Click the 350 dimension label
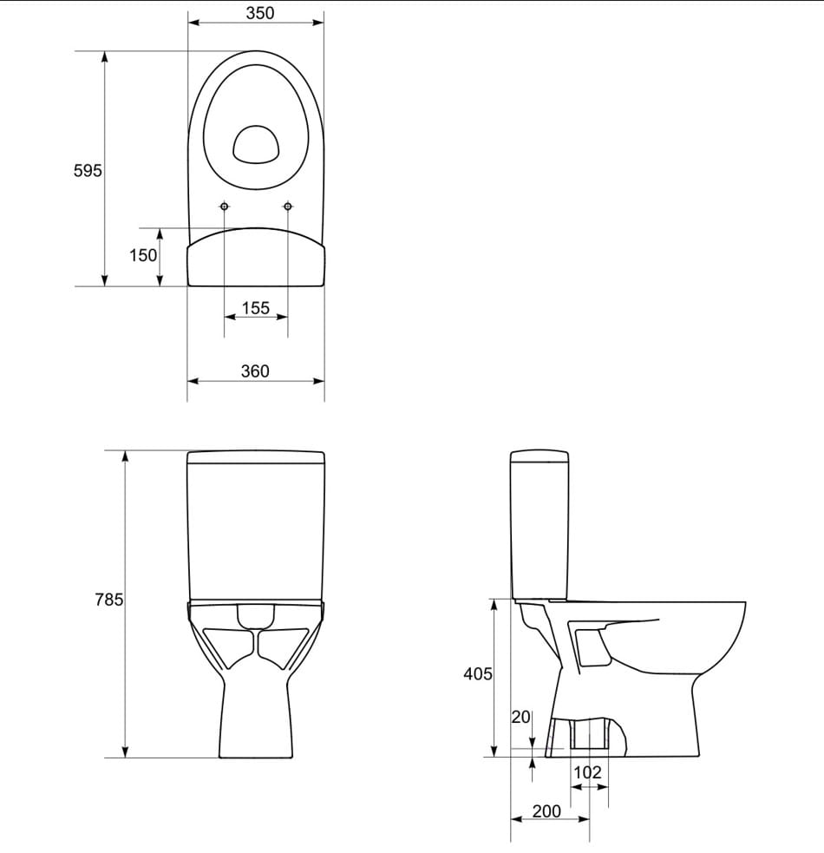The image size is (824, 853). [x=259, y=13]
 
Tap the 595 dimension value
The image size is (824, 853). [x=87, y=171]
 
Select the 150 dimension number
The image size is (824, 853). [x=143, y=255]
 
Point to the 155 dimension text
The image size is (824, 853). [x=256, y=308]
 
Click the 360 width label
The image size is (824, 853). [x=255, y=371]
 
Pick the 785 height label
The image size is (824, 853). [x=108, y=600]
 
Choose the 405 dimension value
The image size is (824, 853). [x=478, y=673]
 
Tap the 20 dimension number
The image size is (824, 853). [x=520, y=717]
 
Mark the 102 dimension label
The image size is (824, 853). [x=587, y=772]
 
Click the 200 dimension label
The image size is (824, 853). [x=546, y=811]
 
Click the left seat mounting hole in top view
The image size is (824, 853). [x=225, y=207]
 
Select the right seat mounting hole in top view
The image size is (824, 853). [x=288, y=207]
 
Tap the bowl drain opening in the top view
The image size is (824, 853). [x=256, y=144]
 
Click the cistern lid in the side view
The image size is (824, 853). [x=539, y=456]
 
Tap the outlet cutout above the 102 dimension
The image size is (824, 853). [x=588, y=733]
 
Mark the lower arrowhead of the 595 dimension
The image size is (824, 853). [x=105, y=279]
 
